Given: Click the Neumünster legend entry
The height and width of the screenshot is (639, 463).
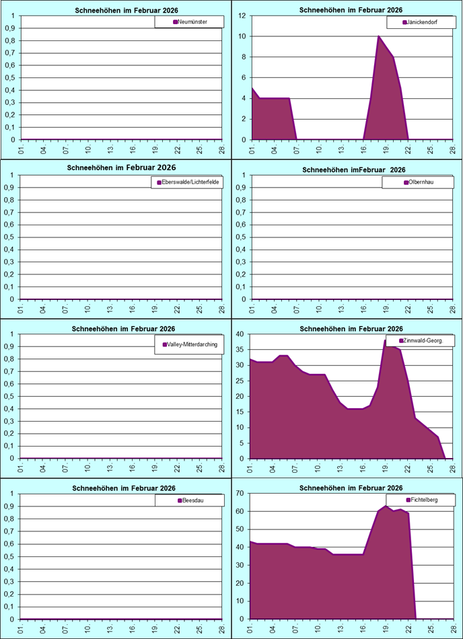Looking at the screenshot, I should coord(190,22).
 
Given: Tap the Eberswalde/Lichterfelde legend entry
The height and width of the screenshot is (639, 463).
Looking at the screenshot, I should coord(188,182).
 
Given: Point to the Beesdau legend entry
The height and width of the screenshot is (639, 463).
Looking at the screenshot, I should coord(188,501).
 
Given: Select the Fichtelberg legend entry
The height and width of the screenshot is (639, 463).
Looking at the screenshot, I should coord(422,500).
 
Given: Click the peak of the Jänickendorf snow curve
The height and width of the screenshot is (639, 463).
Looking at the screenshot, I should coord(379,36).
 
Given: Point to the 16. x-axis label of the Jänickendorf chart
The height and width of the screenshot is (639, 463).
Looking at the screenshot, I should coord(363,149).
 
